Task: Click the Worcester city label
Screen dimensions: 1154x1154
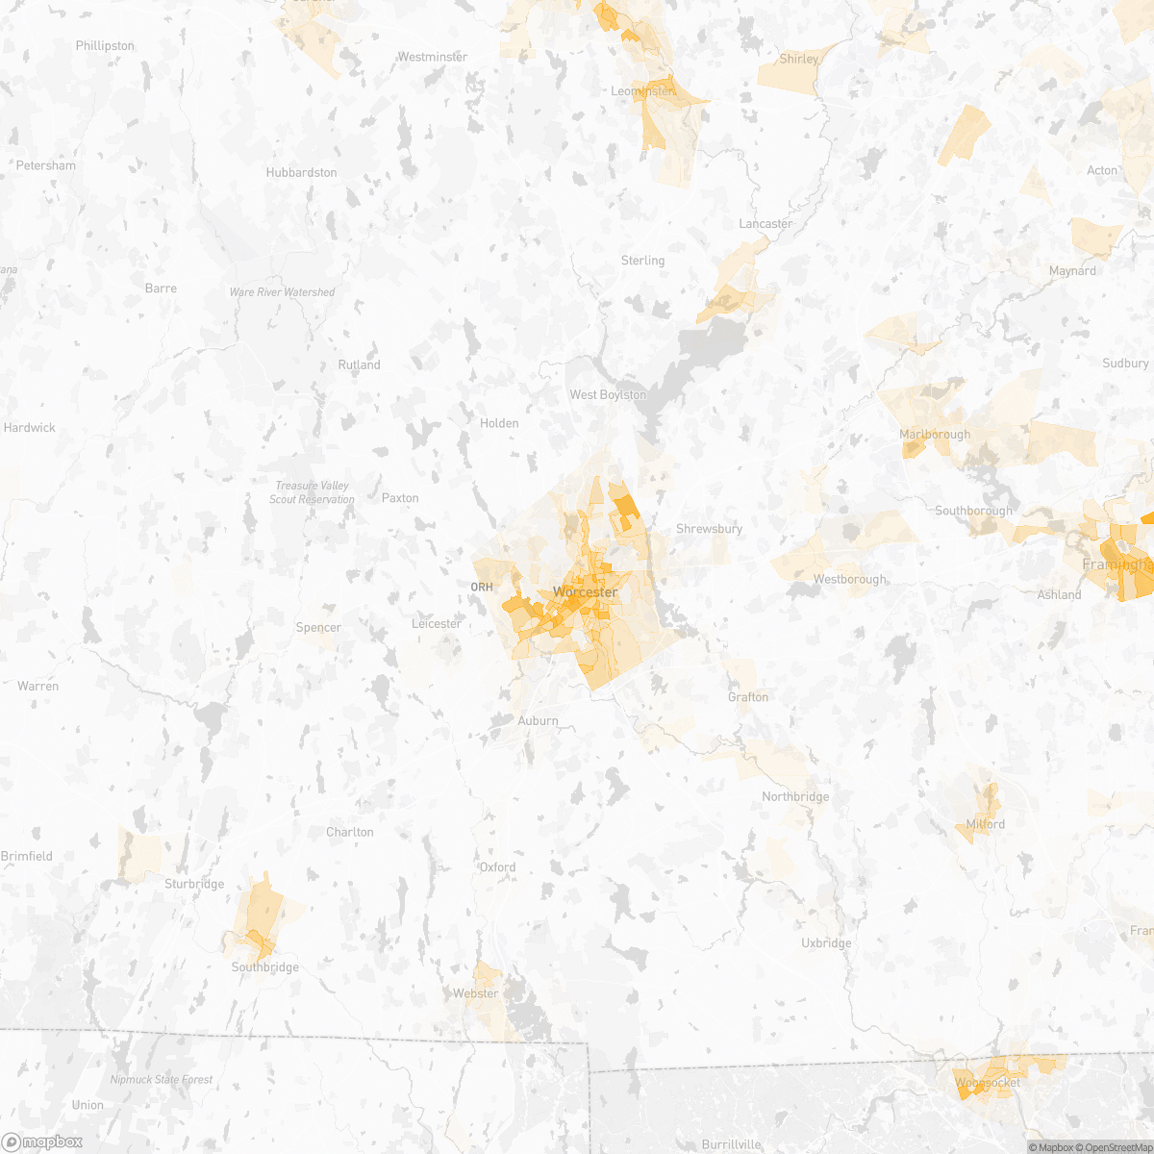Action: tap(585, 592)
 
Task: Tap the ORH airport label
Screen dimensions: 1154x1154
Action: tap(482, 587)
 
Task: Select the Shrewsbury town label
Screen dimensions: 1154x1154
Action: tap(710, 529)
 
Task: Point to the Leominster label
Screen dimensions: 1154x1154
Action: tap(642, 91)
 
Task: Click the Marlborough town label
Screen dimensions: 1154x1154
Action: tap(935, 435)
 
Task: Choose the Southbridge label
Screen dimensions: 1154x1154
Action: tap(265, 967)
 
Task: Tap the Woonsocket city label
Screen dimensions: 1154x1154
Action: tap(988, 1083)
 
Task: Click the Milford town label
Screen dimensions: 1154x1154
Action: tap(986, 824)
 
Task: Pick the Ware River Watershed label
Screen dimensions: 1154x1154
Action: tap(282, 292)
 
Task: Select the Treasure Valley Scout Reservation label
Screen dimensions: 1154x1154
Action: tap(312, 492)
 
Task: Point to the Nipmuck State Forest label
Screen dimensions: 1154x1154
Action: tap(162, 1080)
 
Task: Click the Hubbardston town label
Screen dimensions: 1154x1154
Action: tap(302, 173)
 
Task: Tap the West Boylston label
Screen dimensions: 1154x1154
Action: tap(608, 395)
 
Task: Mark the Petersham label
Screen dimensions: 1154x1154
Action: tap(46, 165)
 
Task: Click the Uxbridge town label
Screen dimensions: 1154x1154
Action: tap(826, 943)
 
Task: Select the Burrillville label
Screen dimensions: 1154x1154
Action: tap(732, 1144)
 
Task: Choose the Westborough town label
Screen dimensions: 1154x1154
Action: tap(850, 579)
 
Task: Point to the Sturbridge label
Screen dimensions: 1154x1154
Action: tap(194, 884)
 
